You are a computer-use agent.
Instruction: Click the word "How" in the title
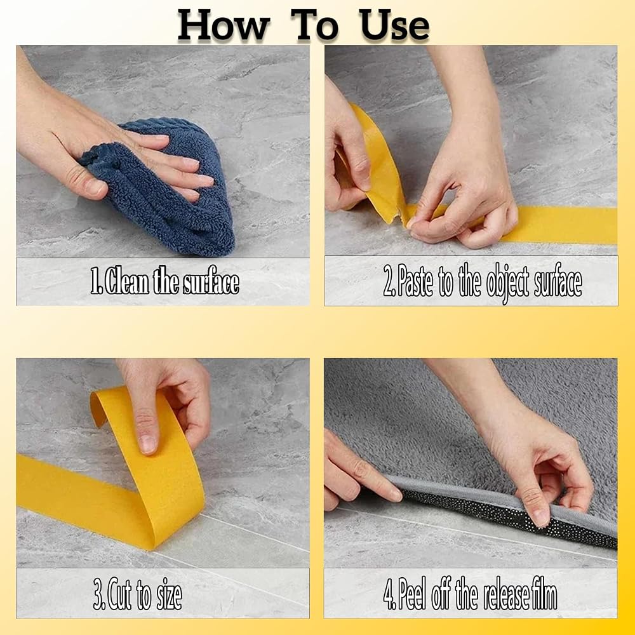(x=223, y=25)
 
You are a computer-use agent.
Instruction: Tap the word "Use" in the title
(x=393, y=25)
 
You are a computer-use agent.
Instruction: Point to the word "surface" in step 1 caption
(x=211, y=281)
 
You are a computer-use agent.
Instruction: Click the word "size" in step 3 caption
(x=170, y=596)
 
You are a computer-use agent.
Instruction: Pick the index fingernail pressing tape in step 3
(x=147, y=444)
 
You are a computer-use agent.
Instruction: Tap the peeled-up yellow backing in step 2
(x=378, y=164)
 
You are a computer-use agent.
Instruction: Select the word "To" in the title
(x=314, y=25)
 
